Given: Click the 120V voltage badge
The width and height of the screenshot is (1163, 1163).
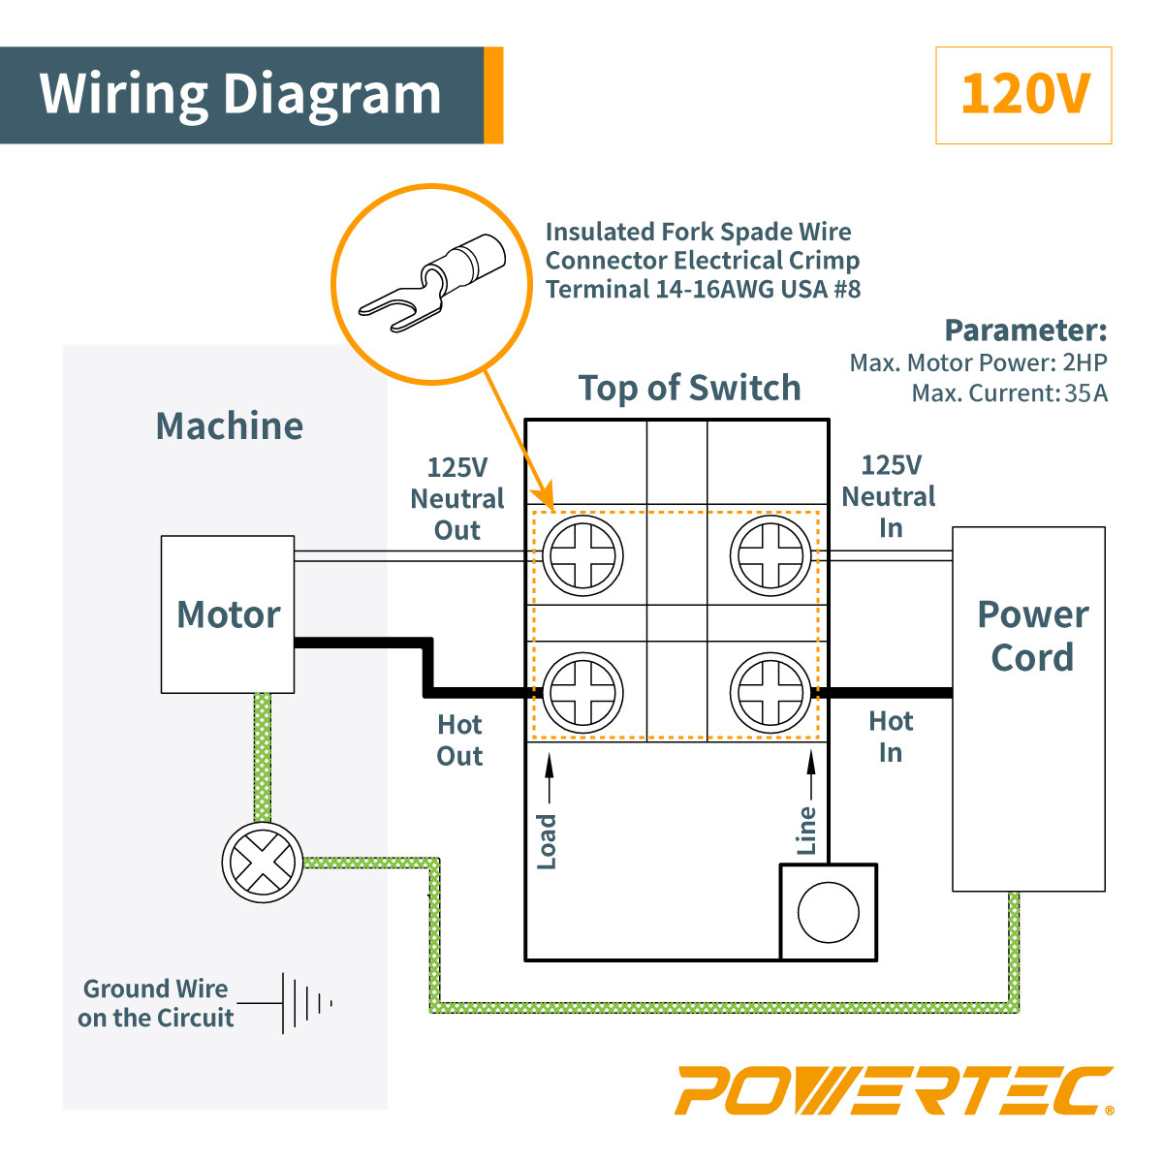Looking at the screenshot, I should (x=1023, y=95).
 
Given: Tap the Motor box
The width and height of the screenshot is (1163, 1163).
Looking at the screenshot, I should (x=228, y=614).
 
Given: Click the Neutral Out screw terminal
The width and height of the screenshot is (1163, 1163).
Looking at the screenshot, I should (x=582, y=556).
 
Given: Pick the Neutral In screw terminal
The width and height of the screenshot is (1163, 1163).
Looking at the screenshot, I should (x=770, y=556).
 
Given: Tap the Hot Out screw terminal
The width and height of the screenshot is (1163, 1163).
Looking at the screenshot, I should (x=582, y=693).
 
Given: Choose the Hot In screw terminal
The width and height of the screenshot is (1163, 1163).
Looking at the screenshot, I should (x=770, y=693).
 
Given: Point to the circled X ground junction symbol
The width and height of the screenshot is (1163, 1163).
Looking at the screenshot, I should (x=262, y=863).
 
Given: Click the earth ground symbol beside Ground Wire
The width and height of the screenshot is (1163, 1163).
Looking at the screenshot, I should (x=305, y=1003).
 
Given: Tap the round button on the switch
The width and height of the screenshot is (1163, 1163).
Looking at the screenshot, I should (x=828, y=913).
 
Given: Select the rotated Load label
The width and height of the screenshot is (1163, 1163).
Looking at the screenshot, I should (x=548, y=841).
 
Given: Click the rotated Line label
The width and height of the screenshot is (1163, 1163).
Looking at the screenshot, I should (x=807, y=831).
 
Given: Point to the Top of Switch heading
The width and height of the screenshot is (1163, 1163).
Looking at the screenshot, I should (x=689, y=388).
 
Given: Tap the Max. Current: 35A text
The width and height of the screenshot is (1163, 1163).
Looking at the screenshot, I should (x=1009, y=393).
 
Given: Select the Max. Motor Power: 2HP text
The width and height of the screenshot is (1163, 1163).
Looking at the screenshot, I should (x=978, y=363).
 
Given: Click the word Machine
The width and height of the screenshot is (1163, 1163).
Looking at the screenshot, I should (x=230, y=426).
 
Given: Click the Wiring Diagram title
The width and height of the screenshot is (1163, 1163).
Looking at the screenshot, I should (x=240, y=95).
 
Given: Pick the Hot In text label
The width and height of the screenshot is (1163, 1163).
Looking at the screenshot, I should (x=891, y=737).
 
